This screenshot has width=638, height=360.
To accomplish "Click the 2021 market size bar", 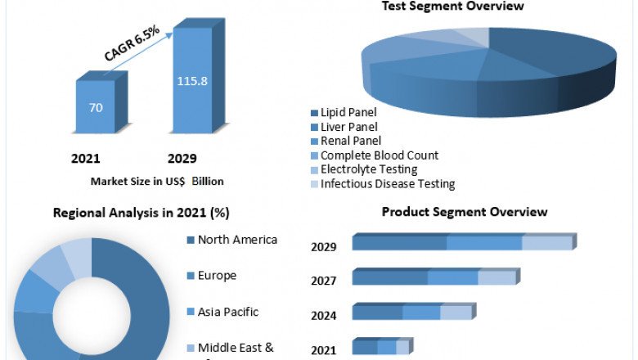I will coord(97,106).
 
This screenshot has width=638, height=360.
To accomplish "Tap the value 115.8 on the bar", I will coord(192,81).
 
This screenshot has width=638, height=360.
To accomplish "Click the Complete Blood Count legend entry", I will coord(379,155).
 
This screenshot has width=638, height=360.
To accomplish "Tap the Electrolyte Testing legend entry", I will coord(368,169).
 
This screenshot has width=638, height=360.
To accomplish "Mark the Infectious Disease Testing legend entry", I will coord(387,184).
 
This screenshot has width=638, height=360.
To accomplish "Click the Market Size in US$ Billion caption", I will coord(157,181).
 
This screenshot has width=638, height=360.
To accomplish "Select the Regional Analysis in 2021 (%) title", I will coord(142,213).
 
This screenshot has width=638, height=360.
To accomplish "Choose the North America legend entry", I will coord(236,240).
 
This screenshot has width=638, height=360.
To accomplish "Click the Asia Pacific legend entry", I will coord(227,312).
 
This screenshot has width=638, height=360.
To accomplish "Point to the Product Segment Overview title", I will coord(465,212).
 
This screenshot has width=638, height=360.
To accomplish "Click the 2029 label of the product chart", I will coord(324,246).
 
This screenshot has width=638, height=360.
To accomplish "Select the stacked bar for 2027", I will coord(434,277).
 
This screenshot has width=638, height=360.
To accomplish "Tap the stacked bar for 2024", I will coord(412,313).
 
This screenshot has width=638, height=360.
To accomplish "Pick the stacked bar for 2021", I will coord(381,347).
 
